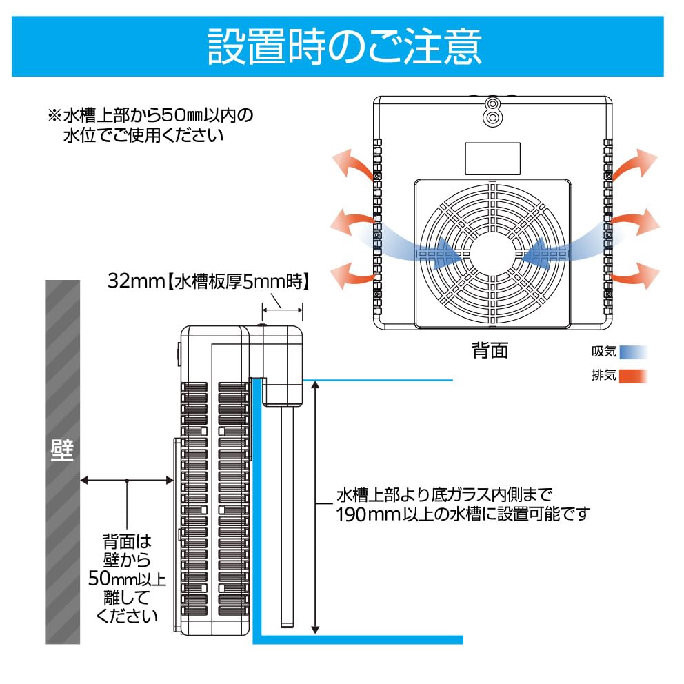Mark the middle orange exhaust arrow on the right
[x=636, y=222]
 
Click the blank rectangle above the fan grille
[x=492, y=159]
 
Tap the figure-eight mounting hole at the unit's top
[x=492, y=110]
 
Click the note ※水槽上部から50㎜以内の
[x=150, y=114]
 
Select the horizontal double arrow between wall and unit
[x=126, y=480]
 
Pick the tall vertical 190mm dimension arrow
[x=315, y=507]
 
